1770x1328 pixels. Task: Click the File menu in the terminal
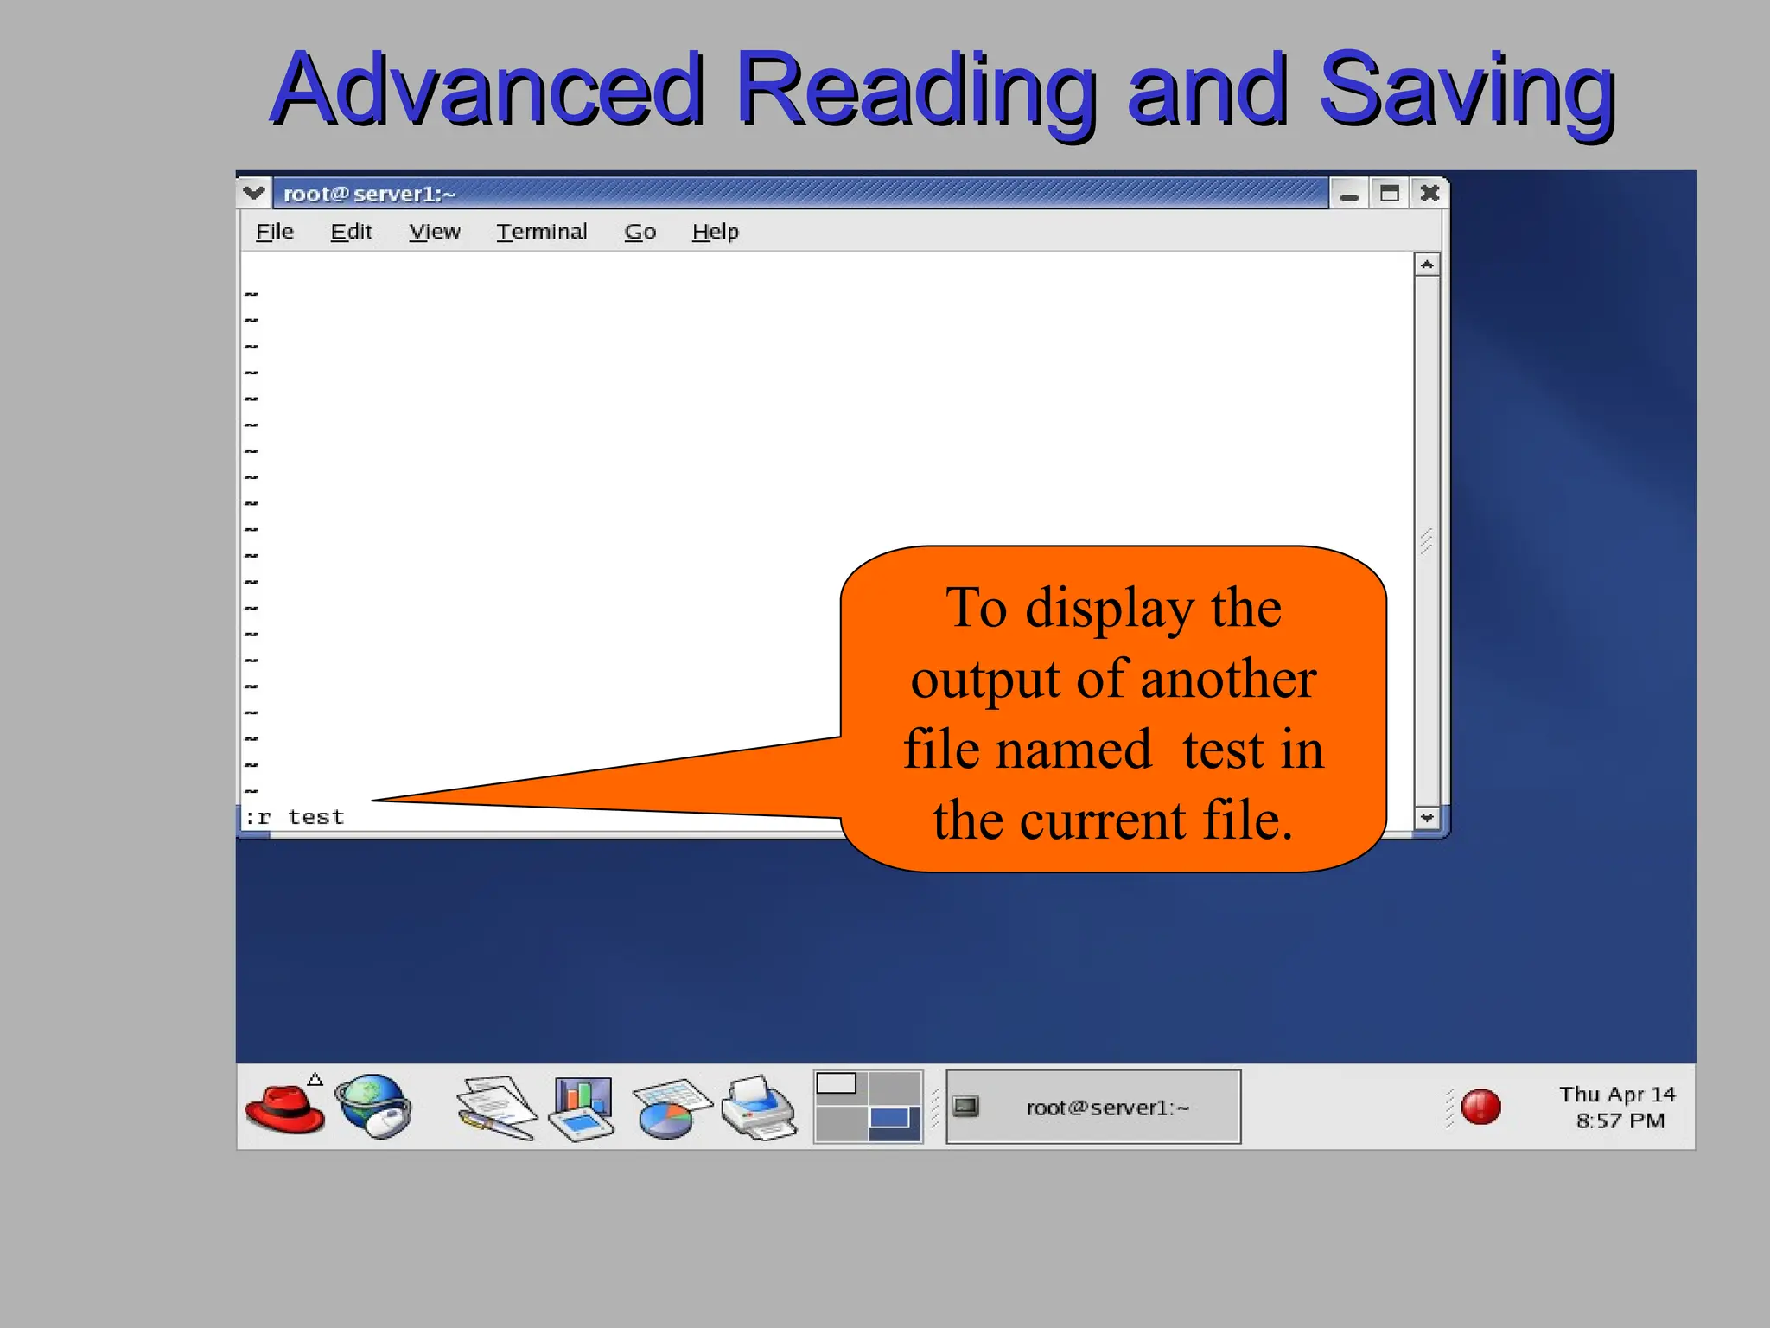[x=275, y=232]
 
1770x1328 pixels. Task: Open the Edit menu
[x=351, y=232]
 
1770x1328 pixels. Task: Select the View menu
[x=435, y=232]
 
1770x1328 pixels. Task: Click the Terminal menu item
[x=542, y=232]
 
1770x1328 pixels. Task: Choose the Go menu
[x=640, y=232]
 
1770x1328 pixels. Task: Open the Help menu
[x=716, y=232]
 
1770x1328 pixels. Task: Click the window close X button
[x=1430, y=193]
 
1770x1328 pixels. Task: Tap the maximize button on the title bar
[x=1390, y=193]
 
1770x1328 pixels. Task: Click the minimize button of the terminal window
[x=1349, y=195]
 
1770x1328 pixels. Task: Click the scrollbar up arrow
[x=1427, y=265]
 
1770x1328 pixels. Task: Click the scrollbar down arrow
[x=1427, y=817]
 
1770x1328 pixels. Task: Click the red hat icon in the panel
[x=284, y=1108]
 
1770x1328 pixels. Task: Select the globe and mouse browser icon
[x=374, y=1107]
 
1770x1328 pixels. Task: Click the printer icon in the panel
[x=759, y=1108]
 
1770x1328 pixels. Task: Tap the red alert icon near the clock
[x=1480, y=1107]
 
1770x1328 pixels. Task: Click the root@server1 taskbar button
[x=1093, y=1108]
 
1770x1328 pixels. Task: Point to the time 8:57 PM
[x=1620, y=1121]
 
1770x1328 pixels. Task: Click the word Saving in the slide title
[x=1467, y=89]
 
